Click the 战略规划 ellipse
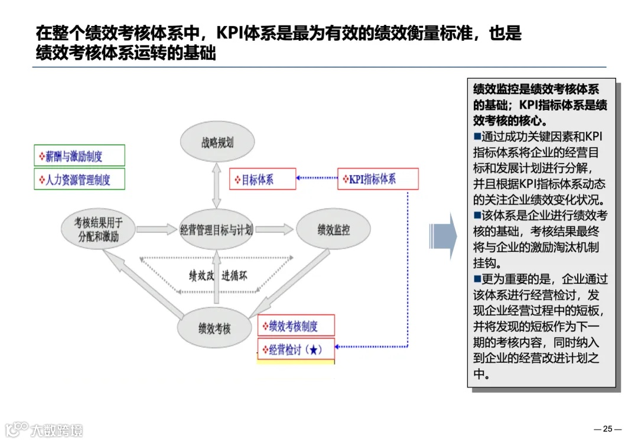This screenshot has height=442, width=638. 217,142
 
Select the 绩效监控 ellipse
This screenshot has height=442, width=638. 333,229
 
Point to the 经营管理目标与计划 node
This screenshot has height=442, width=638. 216,229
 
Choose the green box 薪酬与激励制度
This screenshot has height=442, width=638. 79,156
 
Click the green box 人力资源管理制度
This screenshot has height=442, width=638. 79,179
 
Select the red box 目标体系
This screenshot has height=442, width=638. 262,179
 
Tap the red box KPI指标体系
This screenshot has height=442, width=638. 378,179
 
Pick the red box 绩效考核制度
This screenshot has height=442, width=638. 297,326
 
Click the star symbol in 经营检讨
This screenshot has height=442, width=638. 314,350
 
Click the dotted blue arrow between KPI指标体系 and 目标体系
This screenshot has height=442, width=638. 317,178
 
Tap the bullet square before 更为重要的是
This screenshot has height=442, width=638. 478,278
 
